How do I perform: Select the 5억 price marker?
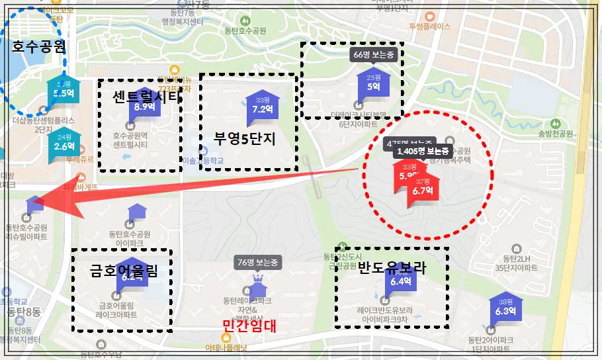373,86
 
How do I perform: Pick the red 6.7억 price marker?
422,190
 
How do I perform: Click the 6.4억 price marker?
401,281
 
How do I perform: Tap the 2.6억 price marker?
65,146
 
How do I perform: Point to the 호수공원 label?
39,46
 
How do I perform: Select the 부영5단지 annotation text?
244,140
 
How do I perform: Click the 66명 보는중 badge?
374,54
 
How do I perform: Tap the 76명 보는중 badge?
259,262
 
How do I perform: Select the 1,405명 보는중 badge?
422,151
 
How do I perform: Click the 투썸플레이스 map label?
429,27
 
